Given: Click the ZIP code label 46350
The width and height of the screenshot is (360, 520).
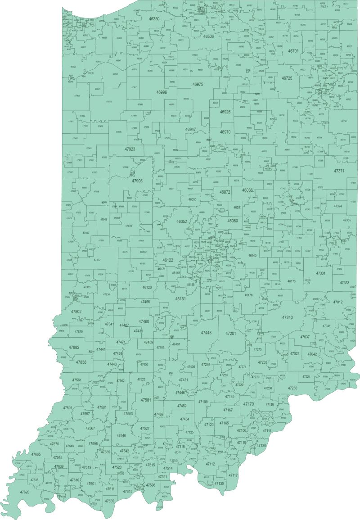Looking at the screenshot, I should coord(154,19).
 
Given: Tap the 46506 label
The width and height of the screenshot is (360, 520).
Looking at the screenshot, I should coord(208,36).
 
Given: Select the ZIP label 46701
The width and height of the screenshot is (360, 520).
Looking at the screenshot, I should coord(293,51).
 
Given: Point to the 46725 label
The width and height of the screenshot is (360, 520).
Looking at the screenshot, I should coord(287,78).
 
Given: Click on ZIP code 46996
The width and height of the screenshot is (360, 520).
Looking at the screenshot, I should coord(162,92).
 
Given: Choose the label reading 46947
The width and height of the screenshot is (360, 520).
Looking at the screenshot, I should coord(190,129).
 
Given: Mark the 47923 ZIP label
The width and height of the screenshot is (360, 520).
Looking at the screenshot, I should coord(130,149).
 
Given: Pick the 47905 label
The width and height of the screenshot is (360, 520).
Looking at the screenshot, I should coord(137,181).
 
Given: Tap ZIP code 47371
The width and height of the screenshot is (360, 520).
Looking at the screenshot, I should coord(339,171).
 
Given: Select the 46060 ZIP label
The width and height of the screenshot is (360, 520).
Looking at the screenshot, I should coord(233,221).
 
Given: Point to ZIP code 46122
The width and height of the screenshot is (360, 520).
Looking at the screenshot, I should coord(167,260).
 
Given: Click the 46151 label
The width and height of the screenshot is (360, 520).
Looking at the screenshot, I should coord(180,298).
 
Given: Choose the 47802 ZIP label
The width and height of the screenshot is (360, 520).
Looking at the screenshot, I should coord(76,312).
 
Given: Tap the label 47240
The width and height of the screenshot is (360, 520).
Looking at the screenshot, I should coord(287,318).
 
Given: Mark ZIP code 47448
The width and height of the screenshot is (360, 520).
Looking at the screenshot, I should coord(206,333).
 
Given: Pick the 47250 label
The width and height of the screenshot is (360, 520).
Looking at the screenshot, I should coord(292,388).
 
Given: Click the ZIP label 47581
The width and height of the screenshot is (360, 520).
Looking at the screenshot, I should coord(146,400).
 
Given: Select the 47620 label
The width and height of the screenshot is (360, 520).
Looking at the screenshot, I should coord(24,492).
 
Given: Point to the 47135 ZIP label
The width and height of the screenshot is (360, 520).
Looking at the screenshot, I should coord(219,484).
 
